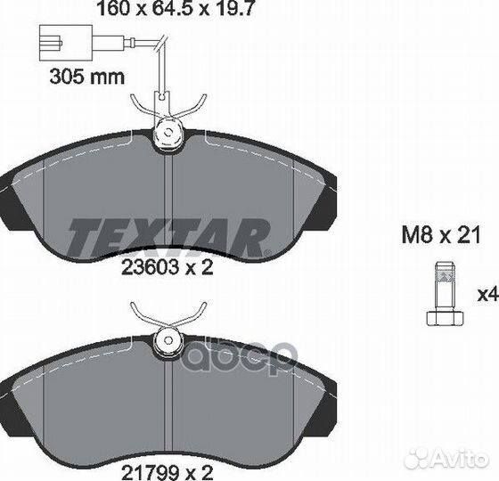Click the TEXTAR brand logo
coord(168,236)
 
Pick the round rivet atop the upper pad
coord(166,136)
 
